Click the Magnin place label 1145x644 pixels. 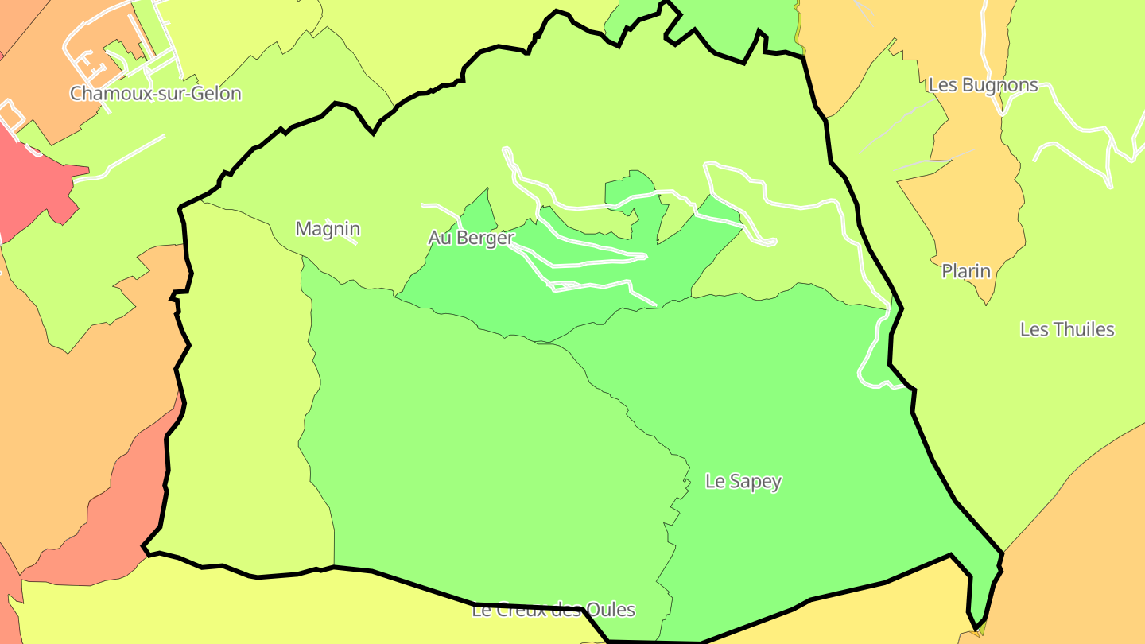click(328, 229)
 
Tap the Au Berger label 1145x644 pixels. click(471, 238)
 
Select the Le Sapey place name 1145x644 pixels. click(743, 481)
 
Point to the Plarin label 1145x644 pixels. click(966, 271)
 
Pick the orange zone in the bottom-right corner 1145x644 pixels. click(1081, 557)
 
